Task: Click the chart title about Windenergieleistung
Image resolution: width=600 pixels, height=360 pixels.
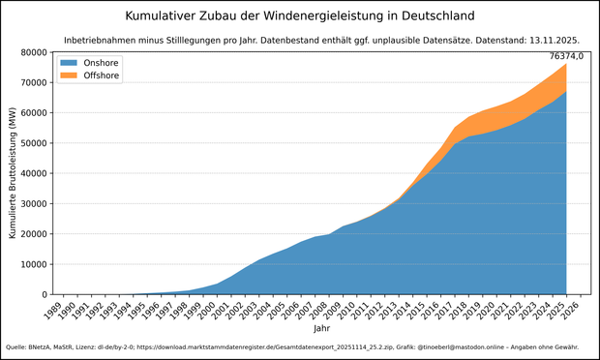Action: pyautogui.click(x=300, y=16)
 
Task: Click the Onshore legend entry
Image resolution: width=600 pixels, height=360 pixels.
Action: pyautogui.click(x=101, y=62)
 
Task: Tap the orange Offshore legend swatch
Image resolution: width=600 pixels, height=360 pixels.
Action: pyautogui.click(x=69, y=75)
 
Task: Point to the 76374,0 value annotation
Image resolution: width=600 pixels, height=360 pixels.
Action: pyautogui.click(x=565, y=56)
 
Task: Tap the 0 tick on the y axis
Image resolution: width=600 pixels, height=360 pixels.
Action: pyautogui.click(x=44, y=294)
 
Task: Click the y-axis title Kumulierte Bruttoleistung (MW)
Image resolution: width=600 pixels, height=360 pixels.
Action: pyautogui.click(x=12, y=174)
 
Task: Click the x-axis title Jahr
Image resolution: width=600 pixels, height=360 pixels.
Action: pyautogui.click(x=320, y=329)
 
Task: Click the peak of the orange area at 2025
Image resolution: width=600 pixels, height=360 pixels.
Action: pyautogui.click(x=566, y=64)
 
